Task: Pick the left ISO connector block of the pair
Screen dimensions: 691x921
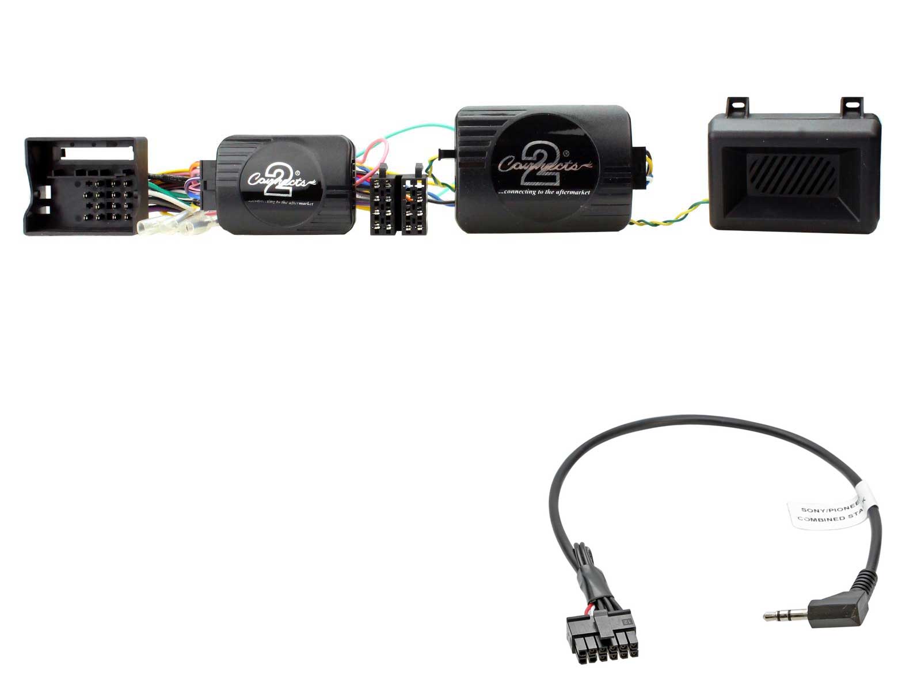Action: [383, 204]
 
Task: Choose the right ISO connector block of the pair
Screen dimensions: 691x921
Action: [414, 204]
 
